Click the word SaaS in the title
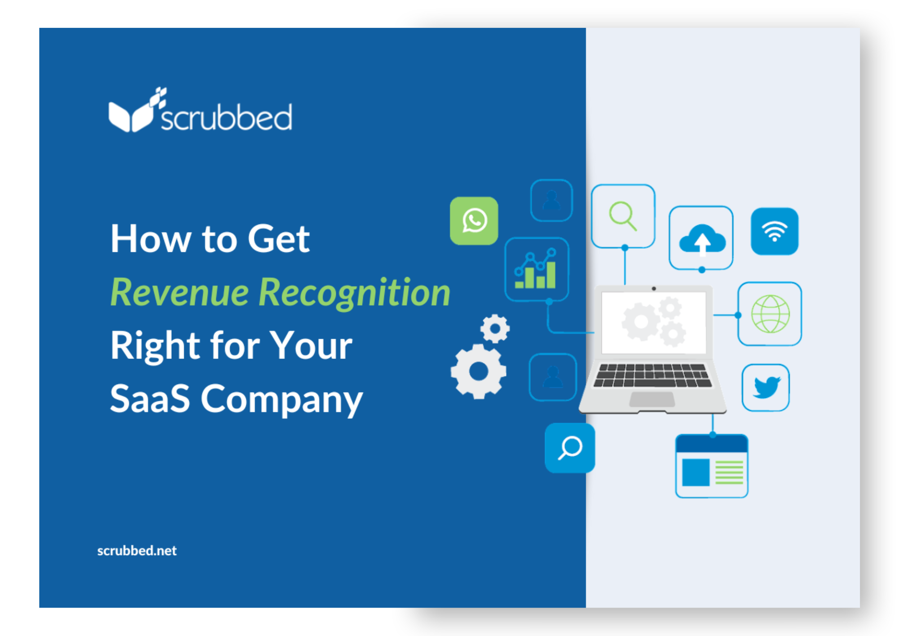point(150,399)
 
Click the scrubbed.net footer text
point(137,551)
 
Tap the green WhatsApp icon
point(474,221)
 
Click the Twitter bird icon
point(765,387)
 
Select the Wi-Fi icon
point(774,231)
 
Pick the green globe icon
point(770,314)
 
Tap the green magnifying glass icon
point(623,216)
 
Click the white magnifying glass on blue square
point(570,448)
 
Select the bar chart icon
point(536,269)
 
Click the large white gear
point(478,372)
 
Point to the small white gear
point(495,328)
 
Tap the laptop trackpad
point(652,399)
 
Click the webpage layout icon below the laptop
point(712,466)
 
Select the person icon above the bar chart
point(552,200)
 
